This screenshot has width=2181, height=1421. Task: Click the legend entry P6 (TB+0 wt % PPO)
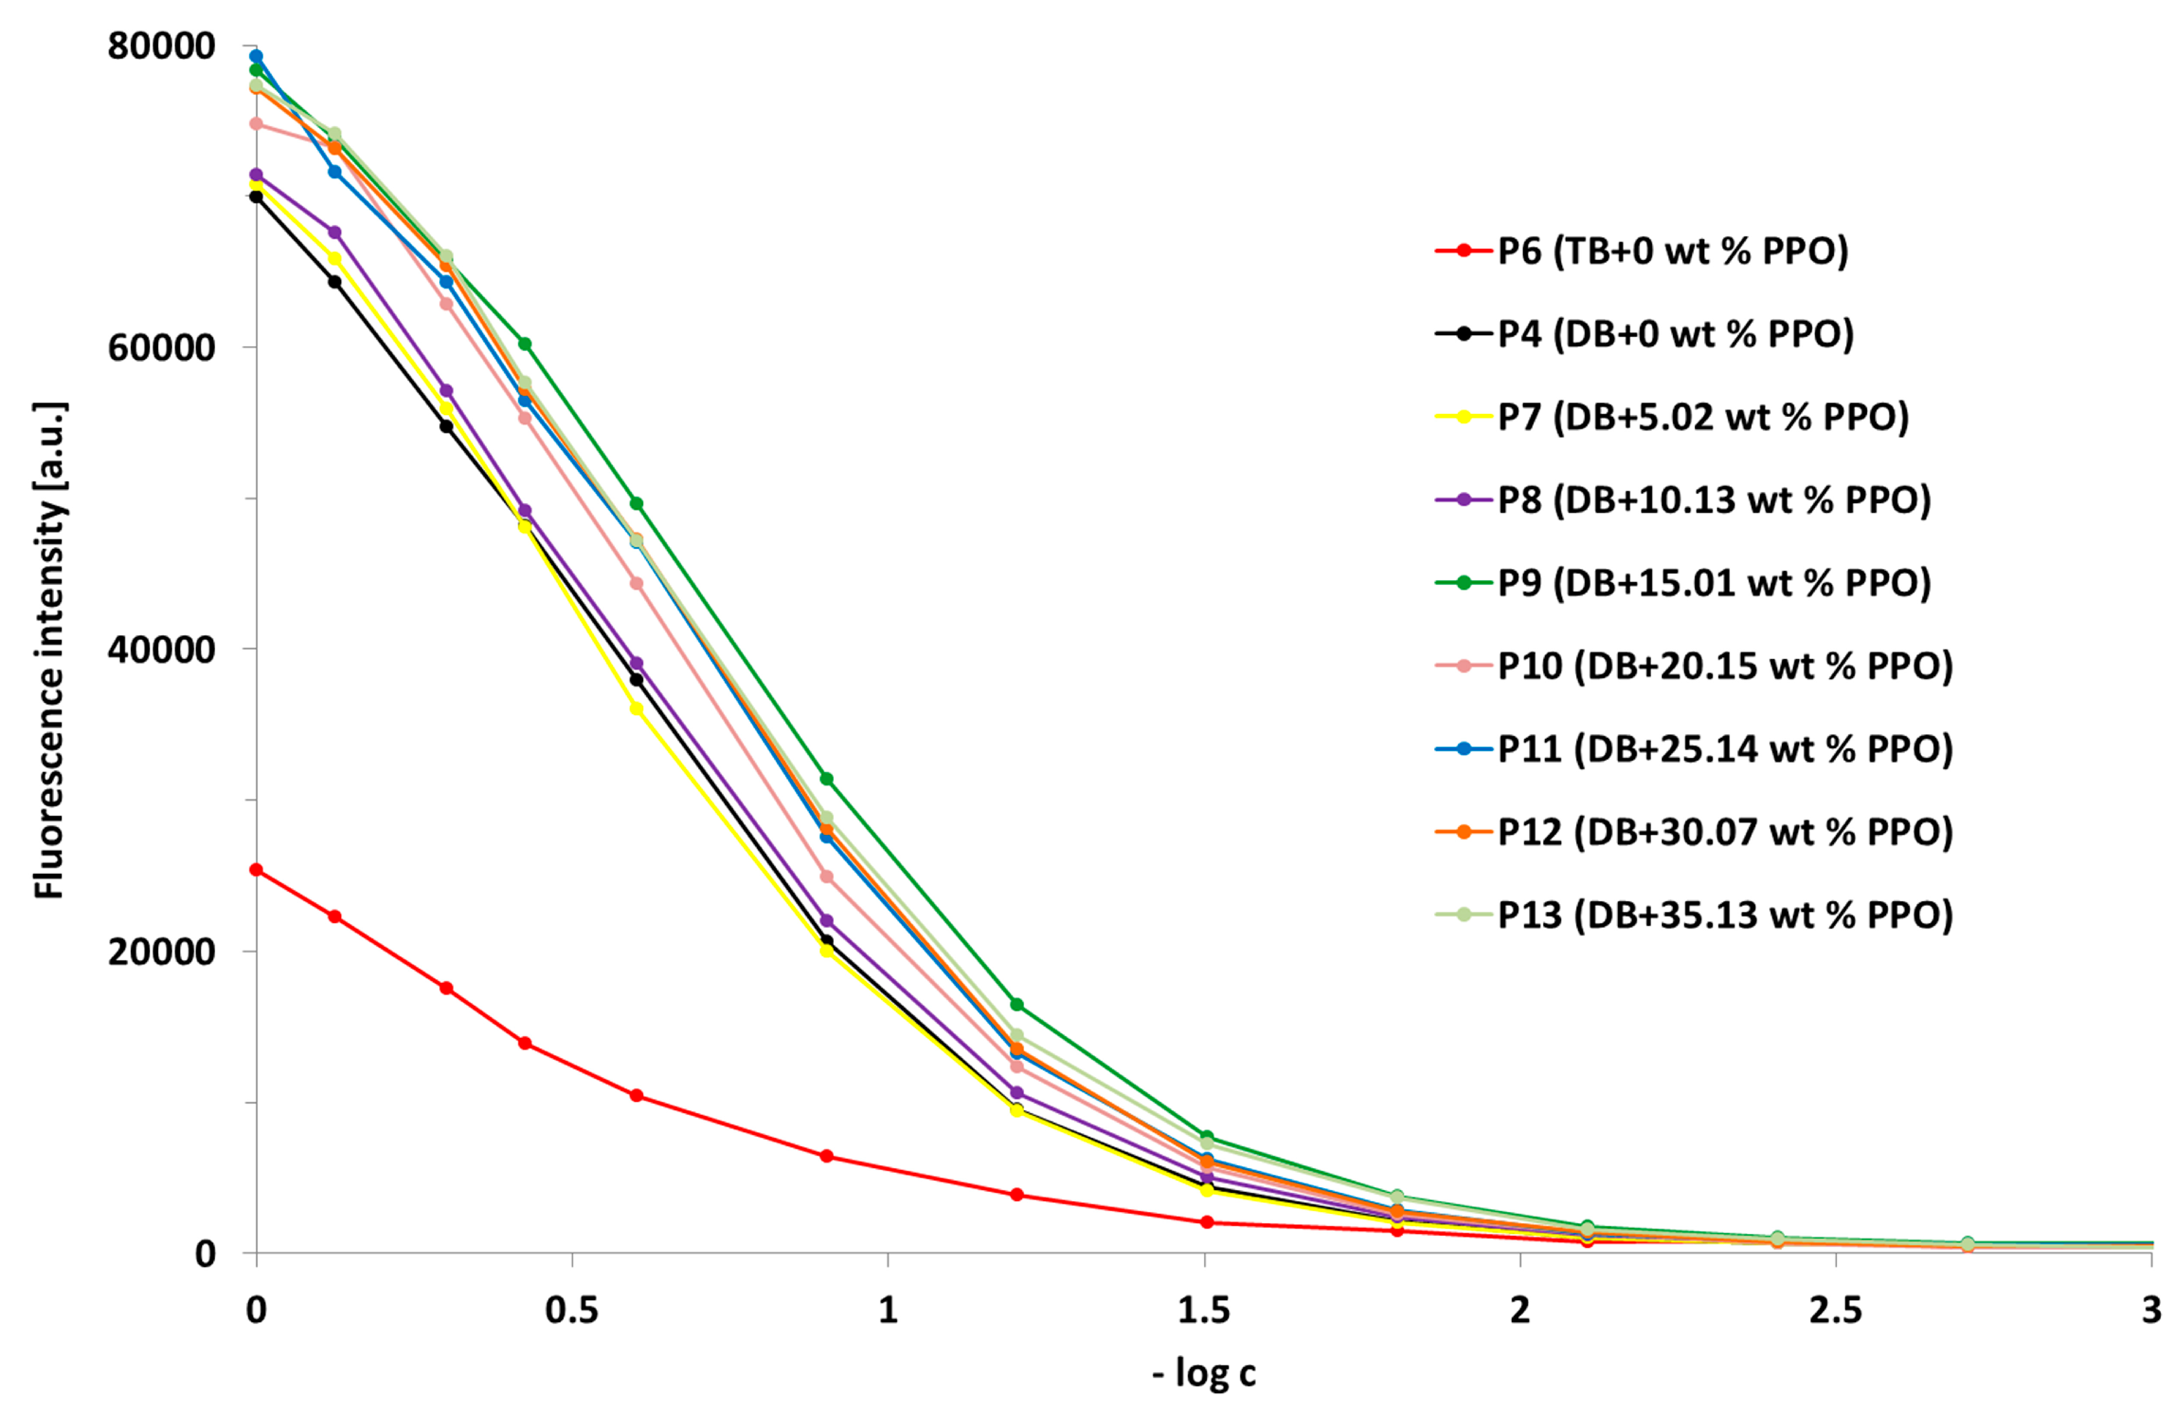click(1672, 251)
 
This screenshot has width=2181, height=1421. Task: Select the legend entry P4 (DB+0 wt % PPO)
click(1675, 333)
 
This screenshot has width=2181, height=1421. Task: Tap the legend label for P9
click(1714, 583)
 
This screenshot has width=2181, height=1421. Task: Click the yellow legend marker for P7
click(1463, 417)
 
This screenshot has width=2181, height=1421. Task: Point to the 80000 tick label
click(161, 46)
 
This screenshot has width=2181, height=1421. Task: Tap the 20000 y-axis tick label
click(161, 951)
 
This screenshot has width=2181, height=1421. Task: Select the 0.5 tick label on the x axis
click(572, 1310)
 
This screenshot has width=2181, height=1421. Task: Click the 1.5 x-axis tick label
click(1203, 1310)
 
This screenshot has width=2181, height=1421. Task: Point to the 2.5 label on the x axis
click(1836, 1310)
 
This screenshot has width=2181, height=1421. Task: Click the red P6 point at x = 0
click(256, 869)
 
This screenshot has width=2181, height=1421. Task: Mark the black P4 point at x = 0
click(256, 196)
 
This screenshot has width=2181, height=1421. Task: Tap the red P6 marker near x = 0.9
click(827, 1156)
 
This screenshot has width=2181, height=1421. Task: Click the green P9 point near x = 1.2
click(1016, 1005)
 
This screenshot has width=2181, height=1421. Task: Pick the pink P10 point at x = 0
click(256, 124)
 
